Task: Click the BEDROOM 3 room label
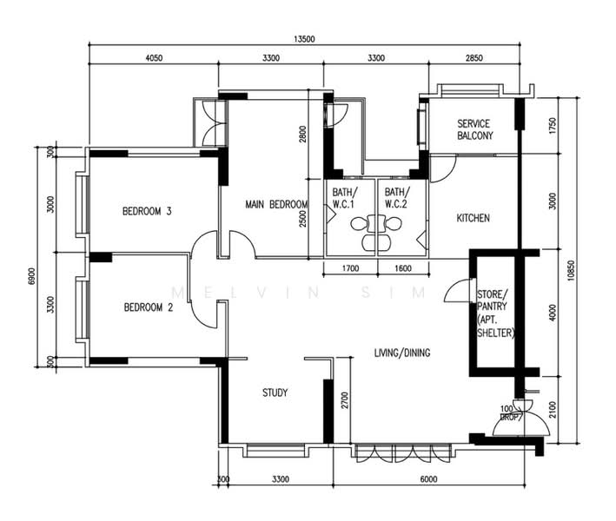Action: [146, 211]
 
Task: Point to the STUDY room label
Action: [275, 393]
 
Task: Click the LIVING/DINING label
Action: [402, 353]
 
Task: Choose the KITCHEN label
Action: [474, 218]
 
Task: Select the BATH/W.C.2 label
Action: [396, 199]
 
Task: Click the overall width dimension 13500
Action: [303, 39]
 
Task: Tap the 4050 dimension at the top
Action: [153, 58]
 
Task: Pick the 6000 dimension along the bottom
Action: [427, 479]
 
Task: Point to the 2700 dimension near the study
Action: [344, 400]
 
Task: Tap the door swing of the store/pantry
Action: [455, 293]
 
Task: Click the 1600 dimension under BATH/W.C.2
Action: [403, 269]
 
